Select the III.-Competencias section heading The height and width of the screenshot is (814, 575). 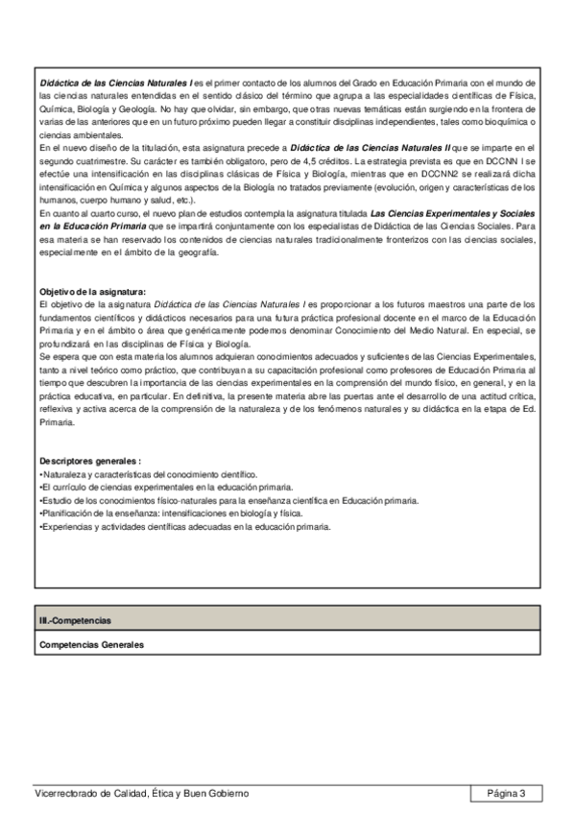[68, 622]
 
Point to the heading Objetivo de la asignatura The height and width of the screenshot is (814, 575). [92, 291]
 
